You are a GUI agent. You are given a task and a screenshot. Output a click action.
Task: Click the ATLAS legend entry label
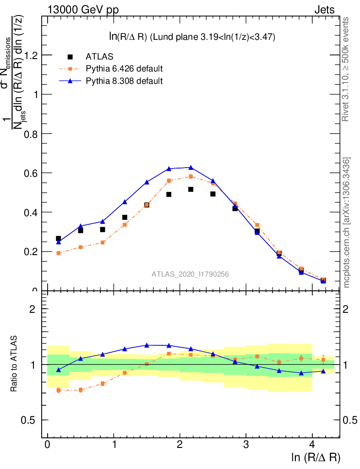(x=99, y=57)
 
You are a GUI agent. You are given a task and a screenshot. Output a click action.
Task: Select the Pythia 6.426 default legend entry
(x=124, y=69)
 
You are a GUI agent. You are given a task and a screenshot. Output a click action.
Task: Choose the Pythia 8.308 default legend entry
(x=124, y=81)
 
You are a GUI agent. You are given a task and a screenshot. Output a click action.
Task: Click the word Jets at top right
(x=324, y=10)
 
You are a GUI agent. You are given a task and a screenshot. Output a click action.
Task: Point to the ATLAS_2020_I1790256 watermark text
(x=190, y=274)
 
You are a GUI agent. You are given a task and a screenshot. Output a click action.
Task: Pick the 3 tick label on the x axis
(x=246, y=445)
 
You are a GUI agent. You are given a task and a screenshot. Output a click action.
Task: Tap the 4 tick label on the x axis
(x=312, y=445)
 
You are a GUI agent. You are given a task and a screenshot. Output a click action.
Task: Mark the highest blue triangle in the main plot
(x=191, y=168)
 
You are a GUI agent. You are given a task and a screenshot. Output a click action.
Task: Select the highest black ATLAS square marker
(x=191, y=189)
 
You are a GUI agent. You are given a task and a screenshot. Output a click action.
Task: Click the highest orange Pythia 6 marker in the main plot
(x=191, y=176)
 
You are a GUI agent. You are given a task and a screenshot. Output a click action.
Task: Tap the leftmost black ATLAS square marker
(x=59, y=239)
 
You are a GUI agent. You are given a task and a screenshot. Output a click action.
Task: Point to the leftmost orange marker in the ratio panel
(x=59, y=390)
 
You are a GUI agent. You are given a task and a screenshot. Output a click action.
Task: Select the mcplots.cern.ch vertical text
(x=347, y=222)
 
